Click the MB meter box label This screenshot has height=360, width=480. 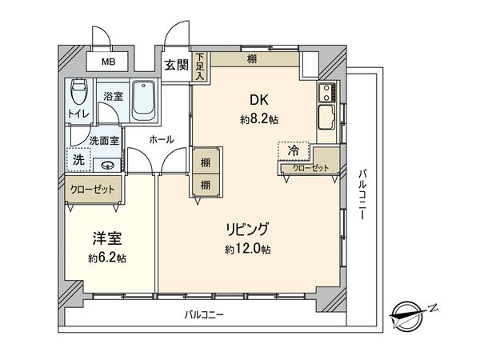106,62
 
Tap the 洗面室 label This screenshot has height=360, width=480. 104,140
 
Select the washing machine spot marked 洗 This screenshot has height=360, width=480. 78,159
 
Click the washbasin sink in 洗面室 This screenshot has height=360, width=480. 107,166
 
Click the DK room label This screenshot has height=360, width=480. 259,101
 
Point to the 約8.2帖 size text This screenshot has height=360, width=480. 259,119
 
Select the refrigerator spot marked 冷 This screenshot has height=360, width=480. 294,150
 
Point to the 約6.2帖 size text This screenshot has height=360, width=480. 107,258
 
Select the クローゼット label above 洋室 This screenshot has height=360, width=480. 92,191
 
